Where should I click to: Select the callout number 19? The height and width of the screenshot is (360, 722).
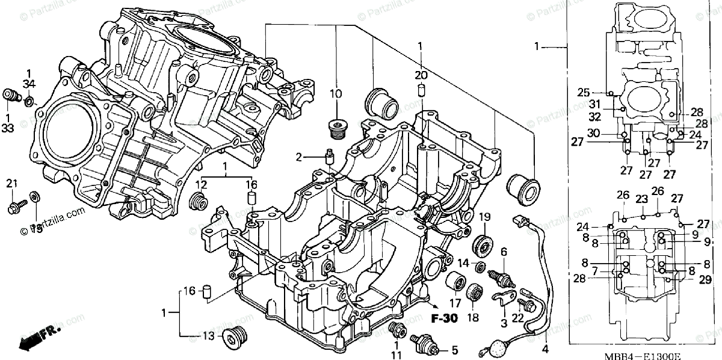click(485, 217)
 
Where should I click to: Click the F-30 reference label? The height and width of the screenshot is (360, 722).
click(443, 317)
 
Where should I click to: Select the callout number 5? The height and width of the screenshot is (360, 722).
click(455, 350)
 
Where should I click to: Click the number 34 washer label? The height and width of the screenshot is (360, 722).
click(29, 83)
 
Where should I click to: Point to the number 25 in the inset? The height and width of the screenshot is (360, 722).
click(583, 92)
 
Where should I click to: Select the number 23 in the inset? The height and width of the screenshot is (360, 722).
click(641, 199)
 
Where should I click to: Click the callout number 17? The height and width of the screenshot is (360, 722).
click(455, 303)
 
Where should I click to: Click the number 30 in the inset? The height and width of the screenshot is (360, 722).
click(594, 133)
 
